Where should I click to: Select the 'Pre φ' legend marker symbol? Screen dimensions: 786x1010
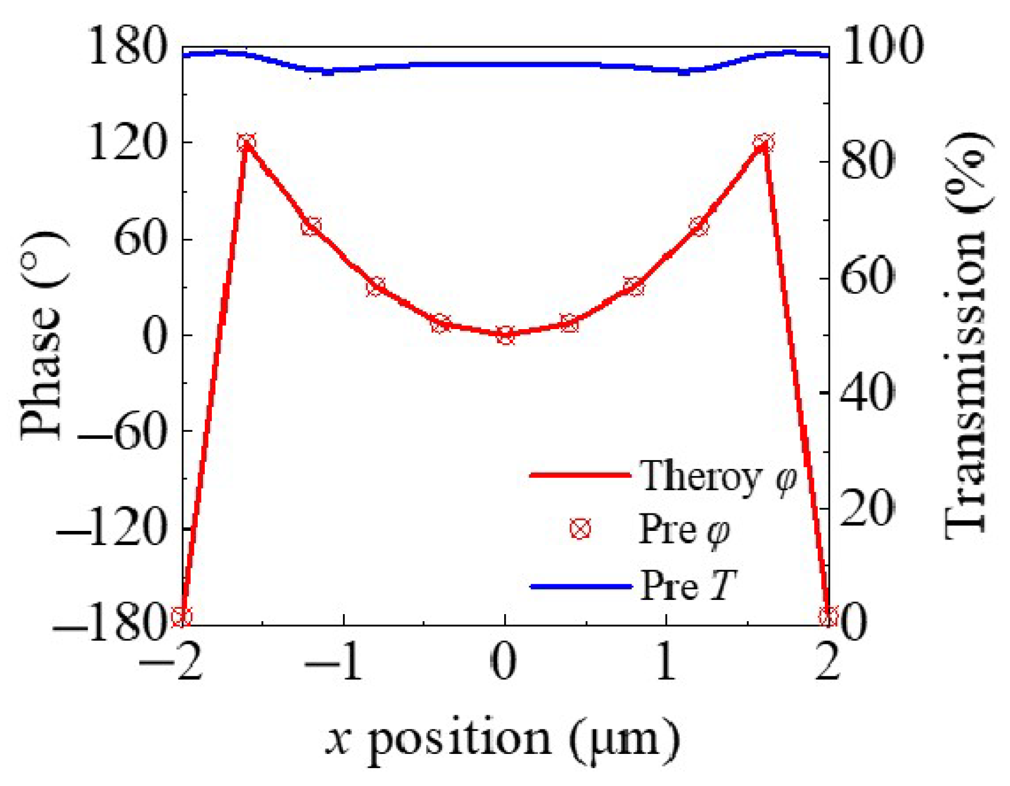click(580, 529)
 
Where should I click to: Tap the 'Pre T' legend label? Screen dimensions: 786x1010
click(689, 586)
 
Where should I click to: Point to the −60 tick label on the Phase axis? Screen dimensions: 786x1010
click(121, 432)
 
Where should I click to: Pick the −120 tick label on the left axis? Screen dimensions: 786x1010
click(111, 529)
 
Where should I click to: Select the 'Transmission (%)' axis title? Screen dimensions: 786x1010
click(967, 336)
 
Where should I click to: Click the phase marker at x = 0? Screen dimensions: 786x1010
click(505, 336)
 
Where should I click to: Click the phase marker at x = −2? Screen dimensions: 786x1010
click(182, 617)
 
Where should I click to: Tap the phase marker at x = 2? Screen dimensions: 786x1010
click(828, 617)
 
